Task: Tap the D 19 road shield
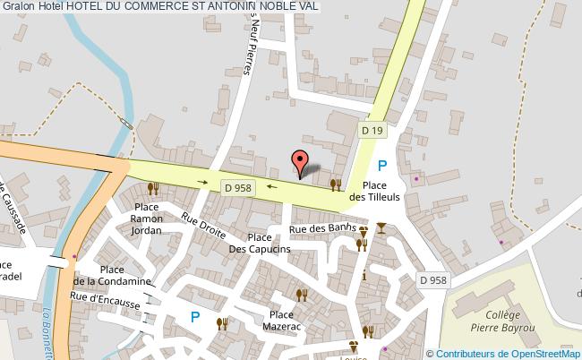click(x=372, y=131)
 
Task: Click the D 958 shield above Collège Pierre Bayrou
click(x=433, y=280)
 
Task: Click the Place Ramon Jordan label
click(x=146, y=219)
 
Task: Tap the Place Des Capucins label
click(x=259, y=243)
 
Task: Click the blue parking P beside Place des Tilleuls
click(x=382, y=165)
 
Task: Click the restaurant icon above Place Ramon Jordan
click(x=153, y=188)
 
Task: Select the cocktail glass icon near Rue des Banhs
click(x=382, y=227)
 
